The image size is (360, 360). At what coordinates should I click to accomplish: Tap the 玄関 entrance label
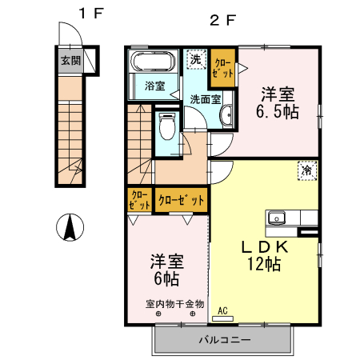click(x=70, y=60)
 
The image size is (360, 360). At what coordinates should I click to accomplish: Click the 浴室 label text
click(x=155, y=86)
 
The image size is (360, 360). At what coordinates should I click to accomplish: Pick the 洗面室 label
click(x=206, y=100)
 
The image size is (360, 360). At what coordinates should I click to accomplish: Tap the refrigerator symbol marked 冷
click(x=306, y=169)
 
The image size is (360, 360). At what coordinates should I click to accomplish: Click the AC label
click(x=222, y=310)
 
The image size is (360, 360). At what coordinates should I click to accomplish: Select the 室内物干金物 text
click(x=174, y=304)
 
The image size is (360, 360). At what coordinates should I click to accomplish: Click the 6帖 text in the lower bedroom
click(x=166, y=279)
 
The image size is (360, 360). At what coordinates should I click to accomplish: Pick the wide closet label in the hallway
click(x=181, y=199)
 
